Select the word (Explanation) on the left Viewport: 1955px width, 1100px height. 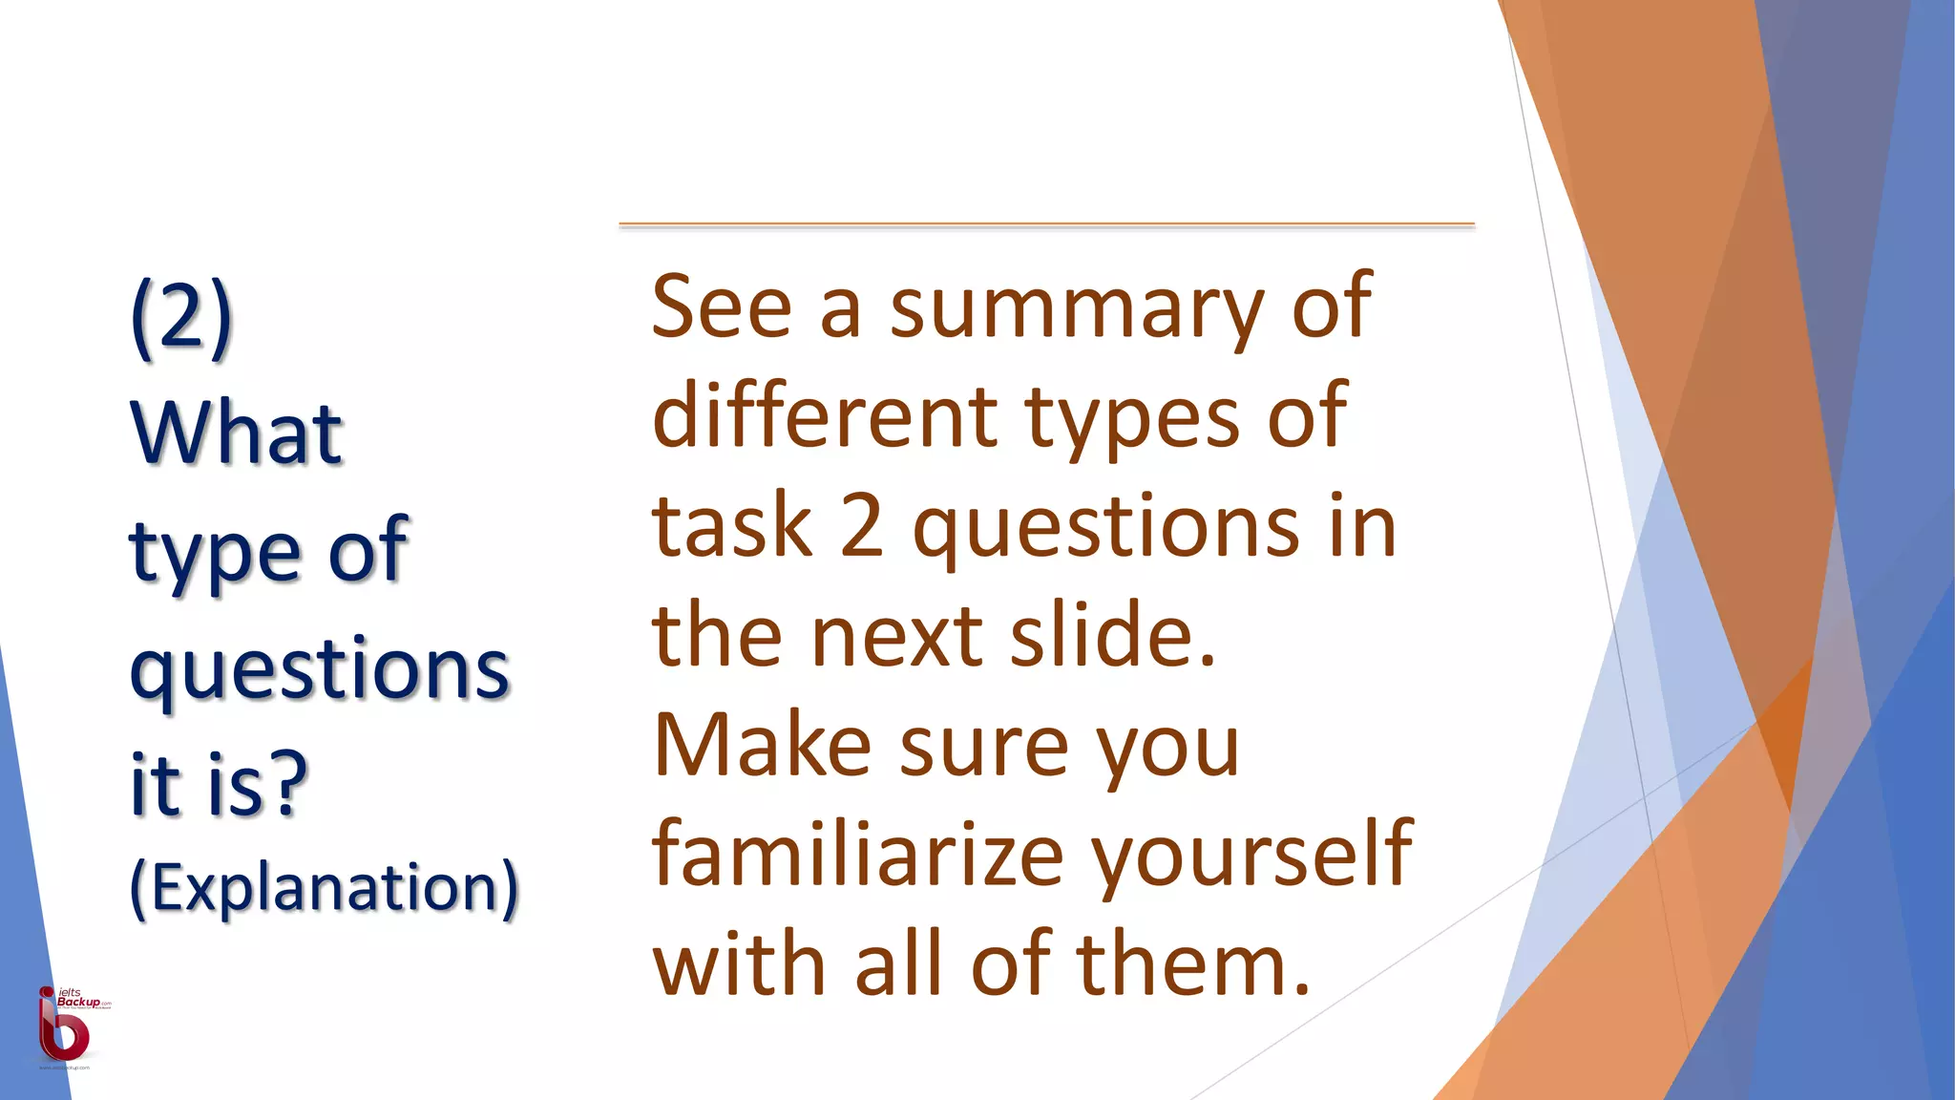pos(325,887)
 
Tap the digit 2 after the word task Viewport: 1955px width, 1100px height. pos(862,526)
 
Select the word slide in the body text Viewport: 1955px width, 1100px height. pos(1112,635)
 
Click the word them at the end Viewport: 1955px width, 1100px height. pos(1193,964)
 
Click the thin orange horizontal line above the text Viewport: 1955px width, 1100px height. pos(1046,224)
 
